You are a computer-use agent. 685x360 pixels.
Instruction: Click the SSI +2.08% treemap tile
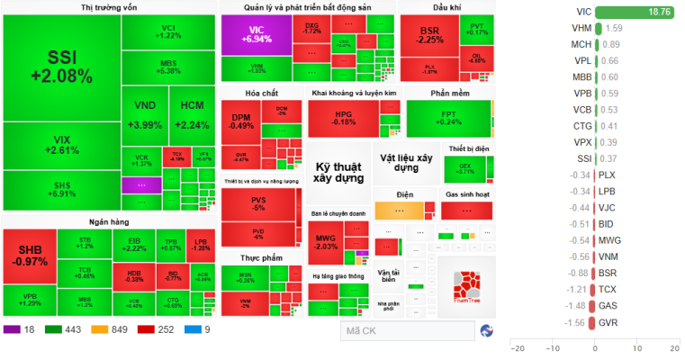point(61,67)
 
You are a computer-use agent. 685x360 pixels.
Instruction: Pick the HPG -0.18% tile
point(344,118)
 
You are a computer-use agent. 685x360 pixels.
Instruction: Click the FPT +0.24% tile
point(447,118)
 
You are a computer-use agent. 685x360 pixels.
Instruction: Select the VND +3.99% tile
point(144,114)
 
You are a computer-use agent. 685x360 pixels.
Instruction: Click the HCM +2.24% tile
point(193,114)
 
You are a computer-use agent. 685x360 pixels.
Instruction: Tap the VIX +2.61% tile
point(61,145)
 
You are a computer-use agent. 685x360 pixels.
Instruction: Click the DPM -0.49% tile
point(240,121)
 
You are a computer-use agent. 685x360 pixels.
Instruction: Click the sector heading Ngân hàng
point(108,220)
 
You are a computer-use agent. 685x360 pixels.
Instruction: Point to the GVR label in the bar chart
point(608,322)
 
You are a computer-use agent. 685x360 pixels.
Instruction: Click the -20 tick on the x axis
point(517,348)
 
